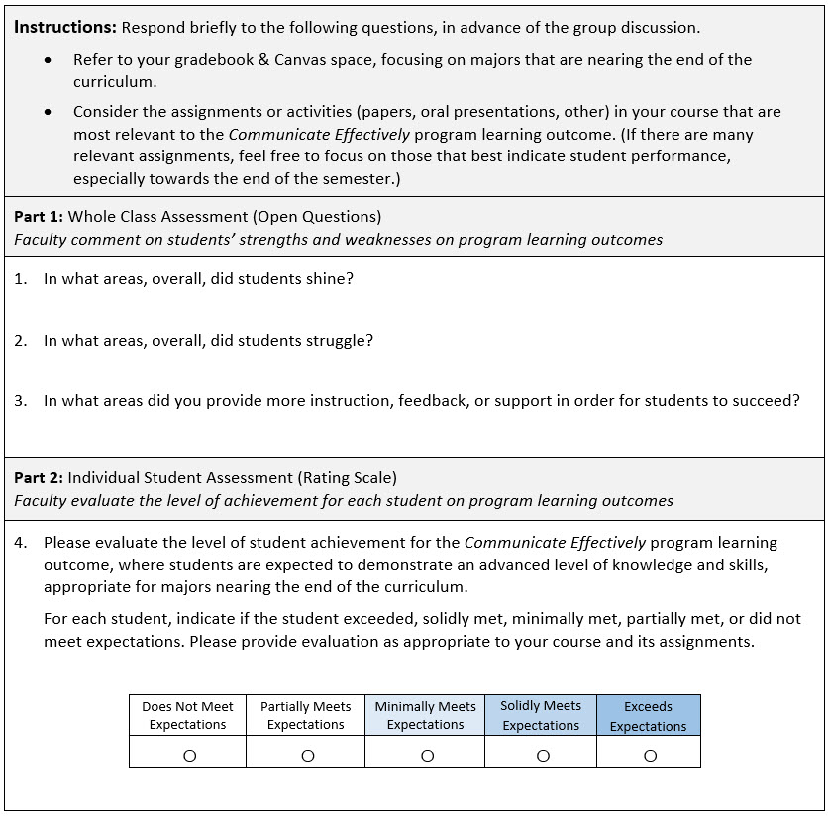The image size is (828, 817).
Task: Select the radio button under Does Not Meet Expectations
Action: [x=188, y=756]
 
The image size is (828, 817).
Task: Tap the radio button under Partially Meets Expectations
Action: [x=307, y=756]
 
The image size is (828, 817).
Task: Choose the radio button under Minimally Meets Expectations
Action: [x=427, y=756]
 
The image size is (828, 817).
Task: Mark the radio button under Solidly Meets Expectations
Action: [x=542, y=756]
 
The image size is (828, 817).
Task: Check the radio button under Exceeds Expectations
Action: [x=650, y=756]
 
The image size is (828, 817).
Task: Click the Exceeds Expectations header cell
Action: [x=649, y=716]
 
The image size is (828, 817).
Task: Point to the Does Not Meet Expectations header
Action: [x=188, y=716]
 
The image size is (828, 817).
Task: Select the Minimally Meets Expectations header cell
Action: [x=426, y=716]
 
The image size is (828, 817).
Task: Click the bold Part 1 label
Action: [x=39, y=216]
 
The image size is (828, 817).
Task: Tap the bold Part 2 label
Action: [x=39, y=478]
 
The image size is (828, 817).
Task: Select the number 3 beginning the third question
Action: [x=20, y=401]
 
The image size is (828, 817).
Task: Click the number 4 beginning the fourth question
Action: [x=20, y=543]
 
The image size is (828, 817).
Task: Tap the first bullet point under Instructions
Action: [x=50, y=61]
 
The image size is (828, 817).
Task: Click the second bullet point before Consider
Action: [x=50, y=113]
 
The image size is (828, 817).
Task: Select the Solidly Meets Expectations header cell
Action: [x=541, y=716]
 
